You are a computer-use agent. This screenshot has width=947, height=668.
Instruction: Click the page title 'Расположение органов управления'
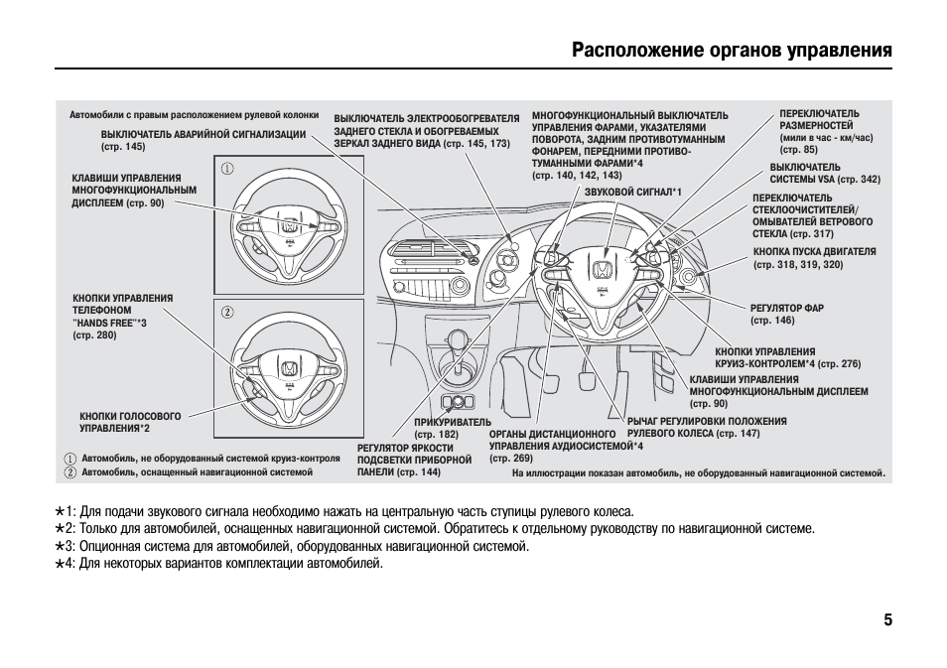click(x=732, y=50)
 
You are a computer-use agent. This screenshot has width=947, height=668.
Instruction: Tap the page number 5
click(x=887, y=620)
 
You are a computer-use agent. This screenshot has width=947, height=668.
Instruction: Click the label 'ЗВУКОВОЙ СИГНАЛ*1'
click(x=632, y=191)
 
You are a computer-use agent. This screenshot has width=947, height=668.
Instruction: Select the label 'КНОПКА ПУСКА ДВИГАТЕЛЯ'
click(x=814, y=252)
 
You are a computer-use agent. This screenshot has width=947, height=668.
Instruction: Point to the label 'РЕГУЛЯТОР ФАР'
click(x=786, y=308)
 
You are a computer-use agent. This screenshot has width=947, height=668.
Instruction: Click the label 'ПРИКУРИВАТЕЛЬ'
click(x=452, y=422)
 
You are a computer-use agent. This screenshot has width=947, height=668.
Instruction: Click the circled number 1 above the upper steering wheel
click(x=226, y=169)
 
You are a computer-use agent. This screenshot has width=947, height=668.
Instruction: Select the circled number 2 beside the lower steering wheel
click(x=226, y=312)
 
